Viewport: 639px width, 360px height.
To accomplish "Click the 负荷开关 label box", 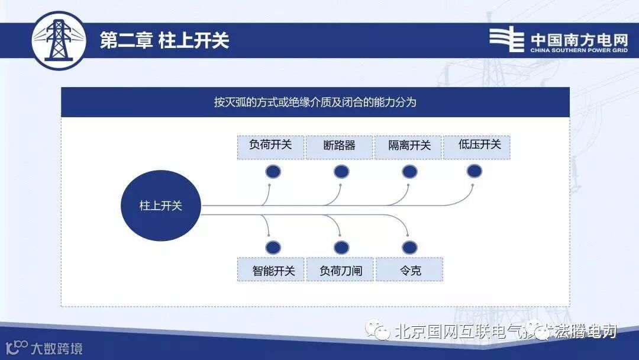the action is pos(270,147).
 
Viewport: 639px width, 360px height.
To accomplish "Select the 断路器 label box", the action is pos(339,147).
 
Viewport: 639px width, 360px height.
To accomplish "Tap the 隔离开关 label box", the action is pos(408,147).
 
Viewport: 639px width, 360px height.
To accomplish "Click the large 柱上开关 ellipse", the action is pos(160,206).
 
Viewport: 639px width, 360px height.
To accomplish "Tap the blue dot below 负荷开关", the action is pos(273,172).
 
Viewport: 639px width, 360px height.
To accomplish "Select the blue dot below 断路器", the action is pos(341,172).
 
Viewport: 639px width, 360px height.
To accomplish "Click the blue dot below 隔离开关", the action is pos(409,172).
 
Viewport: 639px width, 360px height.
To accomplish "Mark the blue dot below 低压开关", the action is pos(475,171).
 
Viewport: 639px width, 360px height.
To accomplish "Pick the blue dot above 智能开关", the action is pos(273,247).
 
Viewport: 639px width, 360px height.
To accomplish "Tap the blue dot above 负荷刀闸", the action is pos(341,247).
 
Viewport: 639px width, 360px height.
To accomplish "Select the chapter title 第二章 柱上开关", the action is pos(164,40).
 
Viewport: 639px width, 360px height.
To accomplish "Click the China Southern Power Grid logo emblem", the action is pos(506,40).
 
